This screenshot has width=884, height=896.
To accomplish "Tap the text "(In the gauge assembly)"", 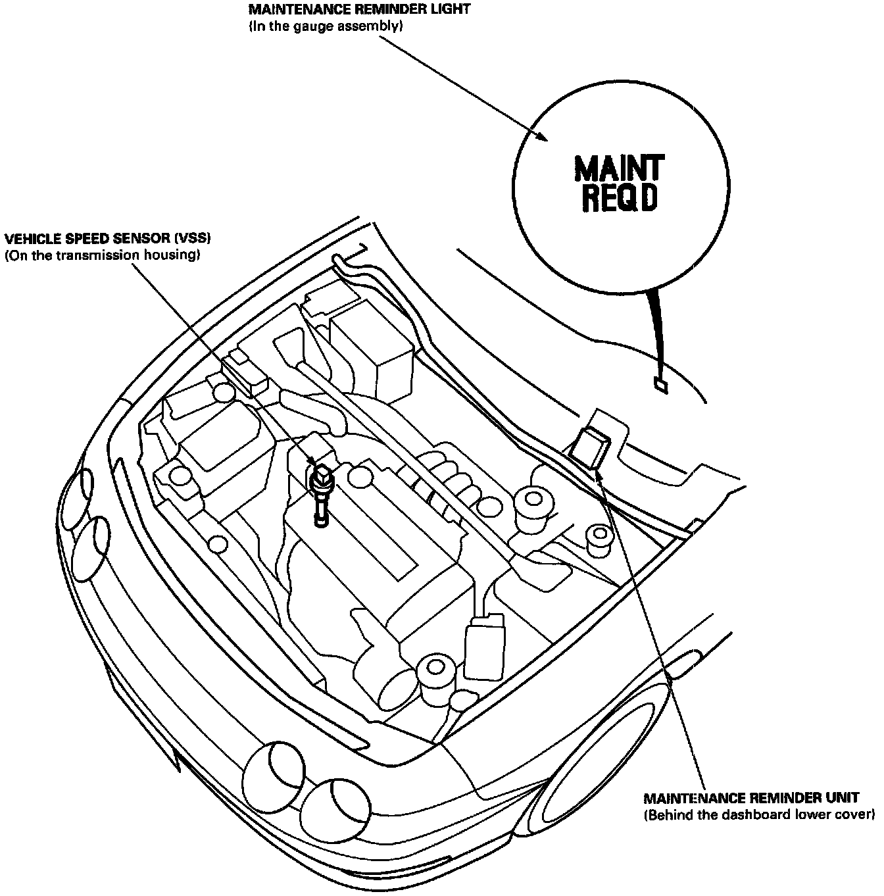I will pyautogui.click(x=326, y=26).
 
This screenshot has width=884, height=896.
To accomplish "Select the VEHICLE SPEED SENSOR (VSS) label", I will pyautogui.click(x=108, y=239).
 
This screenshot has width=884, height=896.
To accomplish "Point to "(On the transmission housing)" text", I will pyautogui.click(x=102, y=255).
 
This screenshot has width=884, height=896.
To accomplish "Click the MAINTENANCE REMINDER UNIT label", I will pyautogui.click(x=751, y=798).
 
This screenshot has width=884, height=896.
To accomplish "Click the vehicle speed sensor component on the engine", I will pyautogui.click(x=321, y=490).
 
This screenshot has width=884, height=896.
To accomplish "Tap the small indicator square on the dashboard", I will pyautogui.click(x=660, y=386).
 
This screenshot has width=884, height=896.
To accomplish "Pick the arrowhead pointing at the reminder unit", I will pyautogui.click(x=601, y=476).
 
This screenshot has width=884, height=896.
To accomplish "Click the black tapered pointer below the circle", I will pyautogui.click(x=655, y=329).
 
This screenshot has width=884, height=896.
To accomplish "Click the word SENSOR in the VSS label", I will pyautogui.click(x=125, y=239).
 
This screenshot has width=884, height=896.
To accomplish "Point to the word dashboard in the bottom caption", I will pyautogui.click(x=762, y=815).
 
